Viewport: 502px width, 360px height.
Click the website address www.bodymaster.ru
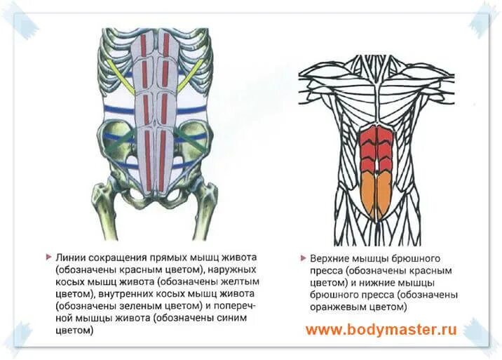click(x=381, y=329)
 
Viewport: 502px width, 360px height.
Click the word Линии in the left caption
click(x=69, y=256)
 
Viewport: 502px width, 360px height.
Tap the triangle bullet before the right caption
click(x=302, y=258)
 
